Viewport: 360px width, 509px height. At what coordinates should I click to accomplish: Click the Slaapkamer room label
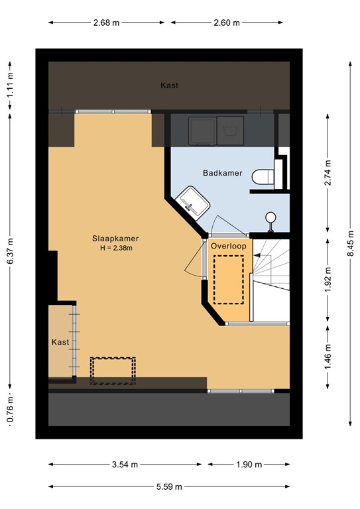[x=115, y=239]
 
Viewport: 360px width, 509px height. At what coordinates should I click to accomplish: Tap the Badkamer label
[x=223, y=173]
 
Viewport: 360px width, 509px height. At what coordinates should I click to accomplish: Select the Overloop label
[x=229, y=246]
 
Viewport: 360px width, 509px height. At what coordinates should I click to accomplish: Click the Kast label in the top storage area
[x=170, y=85]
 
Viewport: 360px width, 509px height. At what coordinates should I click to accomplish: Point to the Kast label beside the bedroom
[x=60, y=342]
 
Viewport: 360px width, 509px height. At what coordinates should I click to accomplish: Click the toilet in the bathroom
[x=263, y=177]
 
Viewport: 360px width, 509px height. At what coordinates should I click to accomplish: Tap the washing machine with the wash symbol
[x=230, y=131]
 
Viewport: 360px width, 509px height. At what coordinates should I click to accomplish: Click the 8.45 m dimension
[x=350, y=243]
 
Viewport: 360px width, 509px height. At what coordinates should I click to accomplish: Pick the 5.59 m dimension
[x=169, y=486]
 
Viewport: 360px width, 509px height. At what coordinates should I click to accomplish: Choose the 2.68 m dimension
[x=106, y=23]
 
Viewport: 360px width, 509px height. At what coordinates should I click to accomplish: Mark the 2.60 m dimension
[x=227, y=23]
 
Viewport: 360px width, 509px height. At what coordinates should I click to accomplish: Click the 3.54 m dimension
[x=125, y=465]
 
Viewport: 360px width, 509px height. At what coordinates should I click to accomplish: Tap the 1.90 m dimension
[x=249, y=465]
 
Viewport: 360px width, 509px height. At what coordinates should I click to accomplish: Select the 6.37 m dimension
[x=10, y=251]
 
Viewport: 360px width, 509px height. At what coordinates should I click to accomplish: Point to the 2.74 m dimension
[x=328, y=173]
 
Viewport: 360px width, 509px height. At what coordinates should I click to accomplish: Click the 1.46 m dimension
[x=328, y=357]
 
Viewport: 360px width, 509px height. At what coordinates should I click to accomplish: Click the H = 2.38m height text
[x=115, y=249]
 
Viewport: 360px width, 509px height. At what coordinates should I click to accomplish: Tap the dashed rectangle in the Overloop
[x=229, y=280]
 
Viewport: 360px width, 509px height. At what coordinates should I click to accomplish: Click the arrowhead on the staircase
[x=257, y=255]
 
